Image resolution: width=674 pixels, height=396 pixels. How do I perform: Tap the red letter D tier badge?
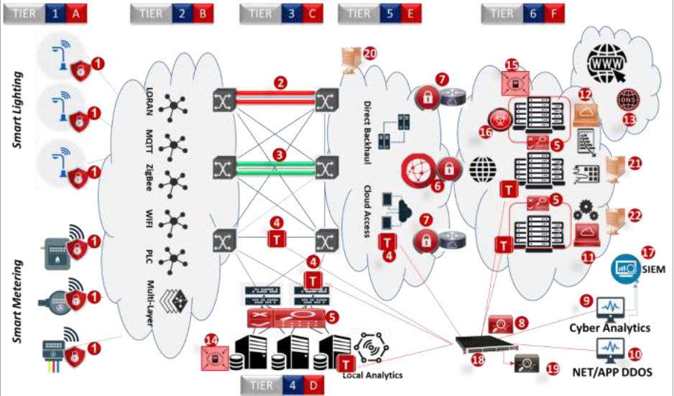point(313,385)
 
